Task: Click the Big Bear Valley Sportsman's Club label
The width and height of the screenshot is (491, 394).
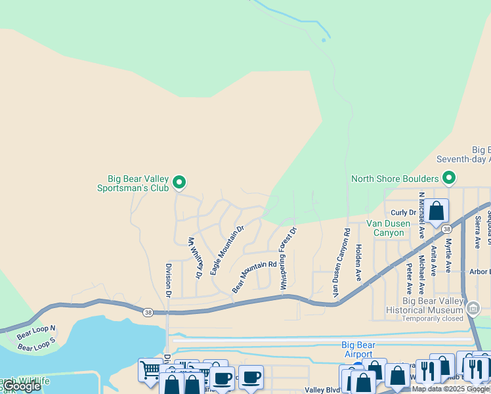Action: [x=138, y=183]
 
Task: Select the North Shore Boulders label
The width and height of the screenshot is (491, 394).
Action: [x=395, y=179]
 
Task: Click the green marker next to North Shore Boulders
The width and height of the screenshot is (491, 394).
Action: [x=449, y=178]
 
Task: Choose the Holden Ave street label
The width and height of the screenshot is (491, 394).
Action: [x=358, y=263]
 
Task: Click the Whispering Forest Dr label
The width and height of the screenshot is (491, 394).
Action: [x=288, y=258]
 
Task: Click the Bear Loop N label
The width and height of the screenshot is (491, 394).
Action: [x=36, y=333]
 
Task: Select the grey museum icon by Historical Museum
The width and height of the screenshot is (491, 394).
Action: [x=475, y=307]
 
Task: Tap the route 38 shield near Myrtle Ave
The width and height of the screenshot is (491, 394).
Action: [x=446, y=229]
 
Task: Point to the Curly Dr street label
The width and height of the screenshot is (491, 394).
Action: [x=404, y=212]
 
